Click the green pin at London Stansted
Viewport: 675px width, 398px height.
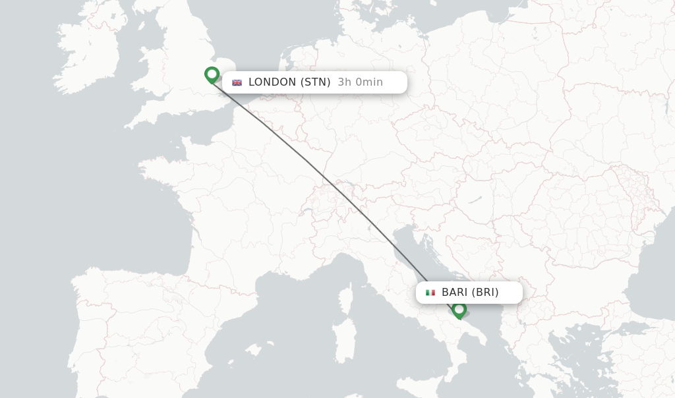pos(212,74)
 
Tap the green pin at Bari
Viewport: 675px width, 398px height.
pos(459,309)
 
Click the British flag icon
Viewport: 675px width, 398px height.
pos(237,83)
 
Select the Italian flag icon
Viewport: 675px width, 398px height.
pos(430,293)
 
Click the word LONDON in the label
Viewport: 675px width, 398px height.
pos(272,82)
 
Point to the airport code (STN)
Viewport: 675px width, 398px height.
pos(316,82)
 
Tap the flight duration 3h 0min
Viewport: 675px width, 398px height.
pos(360,82)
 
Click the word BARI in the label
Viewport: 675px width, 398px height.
pos(454,293)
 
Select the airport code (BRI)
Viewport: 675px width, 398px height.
pos(485,293)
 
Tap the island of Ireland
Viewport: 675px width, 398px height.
pos(89,53)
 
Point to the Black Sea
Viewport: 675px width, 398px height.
pos(653,264)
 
